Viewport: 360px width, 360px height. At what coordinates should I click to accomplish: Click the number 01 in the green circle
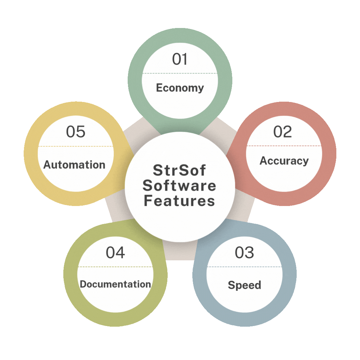pyautogui.click(x=180, y=59)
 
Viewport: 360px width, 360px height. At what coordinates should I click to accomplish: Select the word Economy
pyautogui.click(x=180, y=88)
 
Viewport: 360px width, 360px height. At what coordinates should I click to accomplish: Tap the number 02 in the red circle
pyautogui.click(x=282, y=132)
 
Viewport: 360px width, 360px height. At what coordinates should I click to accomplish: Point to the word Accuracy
pyautogui.click(x=284, y=161)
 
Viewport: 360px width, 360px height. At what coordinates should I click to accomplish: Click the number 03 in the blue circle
pyautogui.click(x=244, y=253)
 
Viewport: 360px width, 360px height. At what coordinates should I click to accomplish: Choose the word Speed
pyautogui.click(x=245, y=285)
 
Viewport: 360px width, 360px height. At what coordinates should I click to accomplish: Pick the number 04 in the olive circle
pyautogui.click(x=115, y=253)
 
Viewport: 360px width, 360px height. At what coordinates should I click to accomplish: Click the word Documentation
pyautogui.click(x=115, y=284)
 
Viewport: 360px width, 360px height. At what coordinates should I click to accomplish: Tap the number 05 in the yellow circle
pyautogui.click(x=76, y=132)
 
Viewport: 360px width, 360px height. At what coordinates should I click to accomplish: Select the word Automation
pyautogui.click(x=74, y=165)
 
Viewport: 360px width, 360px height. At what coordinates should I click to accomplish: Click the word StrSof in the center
pyautogui.click(x=179, y=170)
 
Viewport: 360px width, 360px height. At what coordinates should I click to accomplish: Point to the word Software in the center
pyautogui.click(x=179, y=186)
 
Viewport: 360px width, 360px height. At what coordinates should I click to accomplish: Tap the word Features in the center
pyautogui.click(x=179, y=201)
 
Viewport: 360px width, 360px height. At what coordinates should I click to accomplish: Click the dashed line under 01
pyautogui.click(x=180, y=73)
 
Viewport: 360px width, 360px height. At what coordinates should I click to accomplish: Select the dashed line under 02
pyautogui.click(x=284, y=146)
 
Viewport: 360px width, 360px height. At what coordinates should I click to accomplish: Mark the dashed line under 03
pyautogui.click(x=244, y=267)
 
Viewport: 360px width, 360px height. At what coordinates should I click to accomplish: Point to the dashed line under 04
pyautogui.click(x=115, y=267)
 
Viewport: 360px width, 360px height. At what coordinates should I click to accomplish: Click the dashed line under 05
pyautogui.click(x=76, y=146)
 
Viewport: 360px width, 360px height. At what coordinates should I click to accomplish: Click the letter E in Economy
pyautogui.click(x=159, y=87)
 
